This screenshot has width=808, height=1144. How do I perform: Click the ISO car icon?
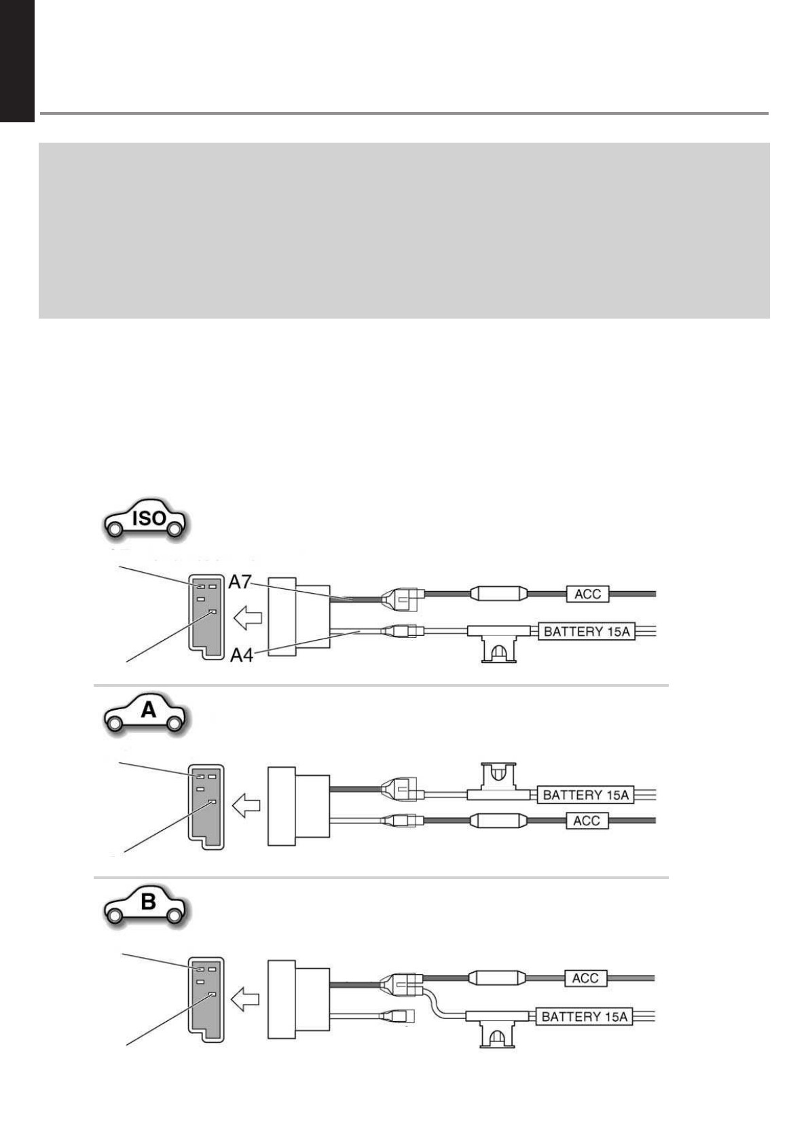(x=145, y=521)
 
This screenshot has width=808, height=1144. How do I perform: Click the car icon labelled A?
(x=147, y=713)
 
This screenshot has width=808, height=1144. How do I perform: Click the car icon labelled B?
(x=147, y=906)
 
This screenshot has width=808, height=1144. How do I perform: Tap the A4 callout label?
(x=242, y=655)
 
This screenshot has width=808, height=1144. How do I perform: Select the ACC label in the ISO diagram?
(x=587, y=594)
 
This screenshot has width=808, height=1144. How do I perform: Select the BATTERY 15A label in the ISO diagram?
(x=587, y=632)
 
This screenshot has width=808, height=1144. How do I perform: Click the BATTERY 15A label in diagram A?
(x=586, y=795)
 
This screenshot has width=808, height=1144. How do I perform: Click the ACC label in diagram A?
(x=587, y=821)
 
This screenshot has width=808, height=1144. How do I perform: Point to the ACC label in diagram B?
(x=585, y=978)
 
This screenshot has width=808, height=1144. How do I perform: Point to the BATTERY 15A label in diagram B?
(x=584, y=1017)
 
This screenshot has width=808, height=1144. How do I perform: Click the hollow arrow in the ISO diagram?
(x=247, y=619)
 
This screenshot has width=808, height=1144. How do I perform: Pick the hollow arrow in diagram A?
(x=247, y=807)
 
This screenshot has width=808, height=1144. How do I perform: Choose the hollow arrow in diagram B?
(x=246, y=999)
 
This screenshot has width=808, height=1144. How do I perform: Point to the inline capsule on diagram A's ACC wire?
(x=498, y=821)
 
